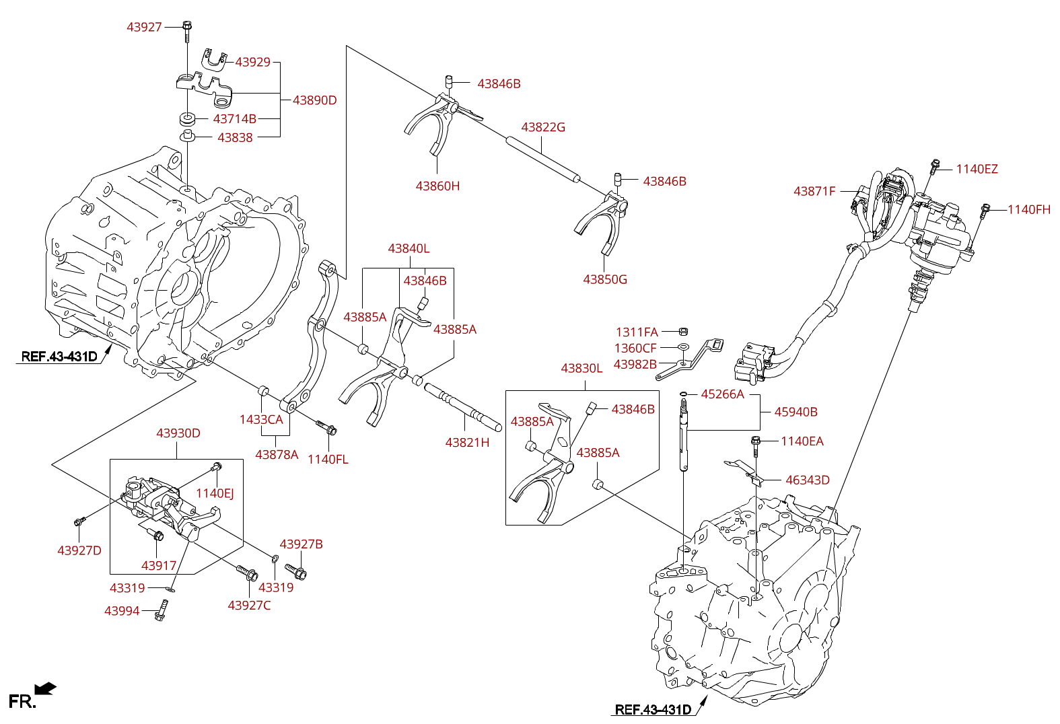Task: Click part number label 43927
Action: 144,27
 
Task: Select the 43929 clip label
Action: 252,62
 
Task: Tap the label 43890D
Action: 315,100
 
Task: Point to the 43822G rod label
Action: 543,126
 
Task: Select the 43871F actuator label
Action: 814,191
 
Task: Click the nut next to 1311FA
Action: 683,331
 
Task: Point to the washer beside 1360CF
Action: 683,347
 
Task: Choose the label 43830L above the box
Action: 581,368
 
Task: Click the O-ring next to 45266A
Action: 683,394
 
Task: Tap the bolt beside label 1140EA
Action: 755,445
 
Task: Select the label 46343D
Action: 808,480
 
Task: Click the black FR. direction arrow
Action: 46,688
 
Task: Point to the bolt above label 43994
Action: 161,610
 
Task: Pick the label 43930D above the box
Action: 178,433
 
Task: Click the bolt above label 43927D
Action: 79,521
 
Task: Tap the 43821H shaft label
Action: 467,443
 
